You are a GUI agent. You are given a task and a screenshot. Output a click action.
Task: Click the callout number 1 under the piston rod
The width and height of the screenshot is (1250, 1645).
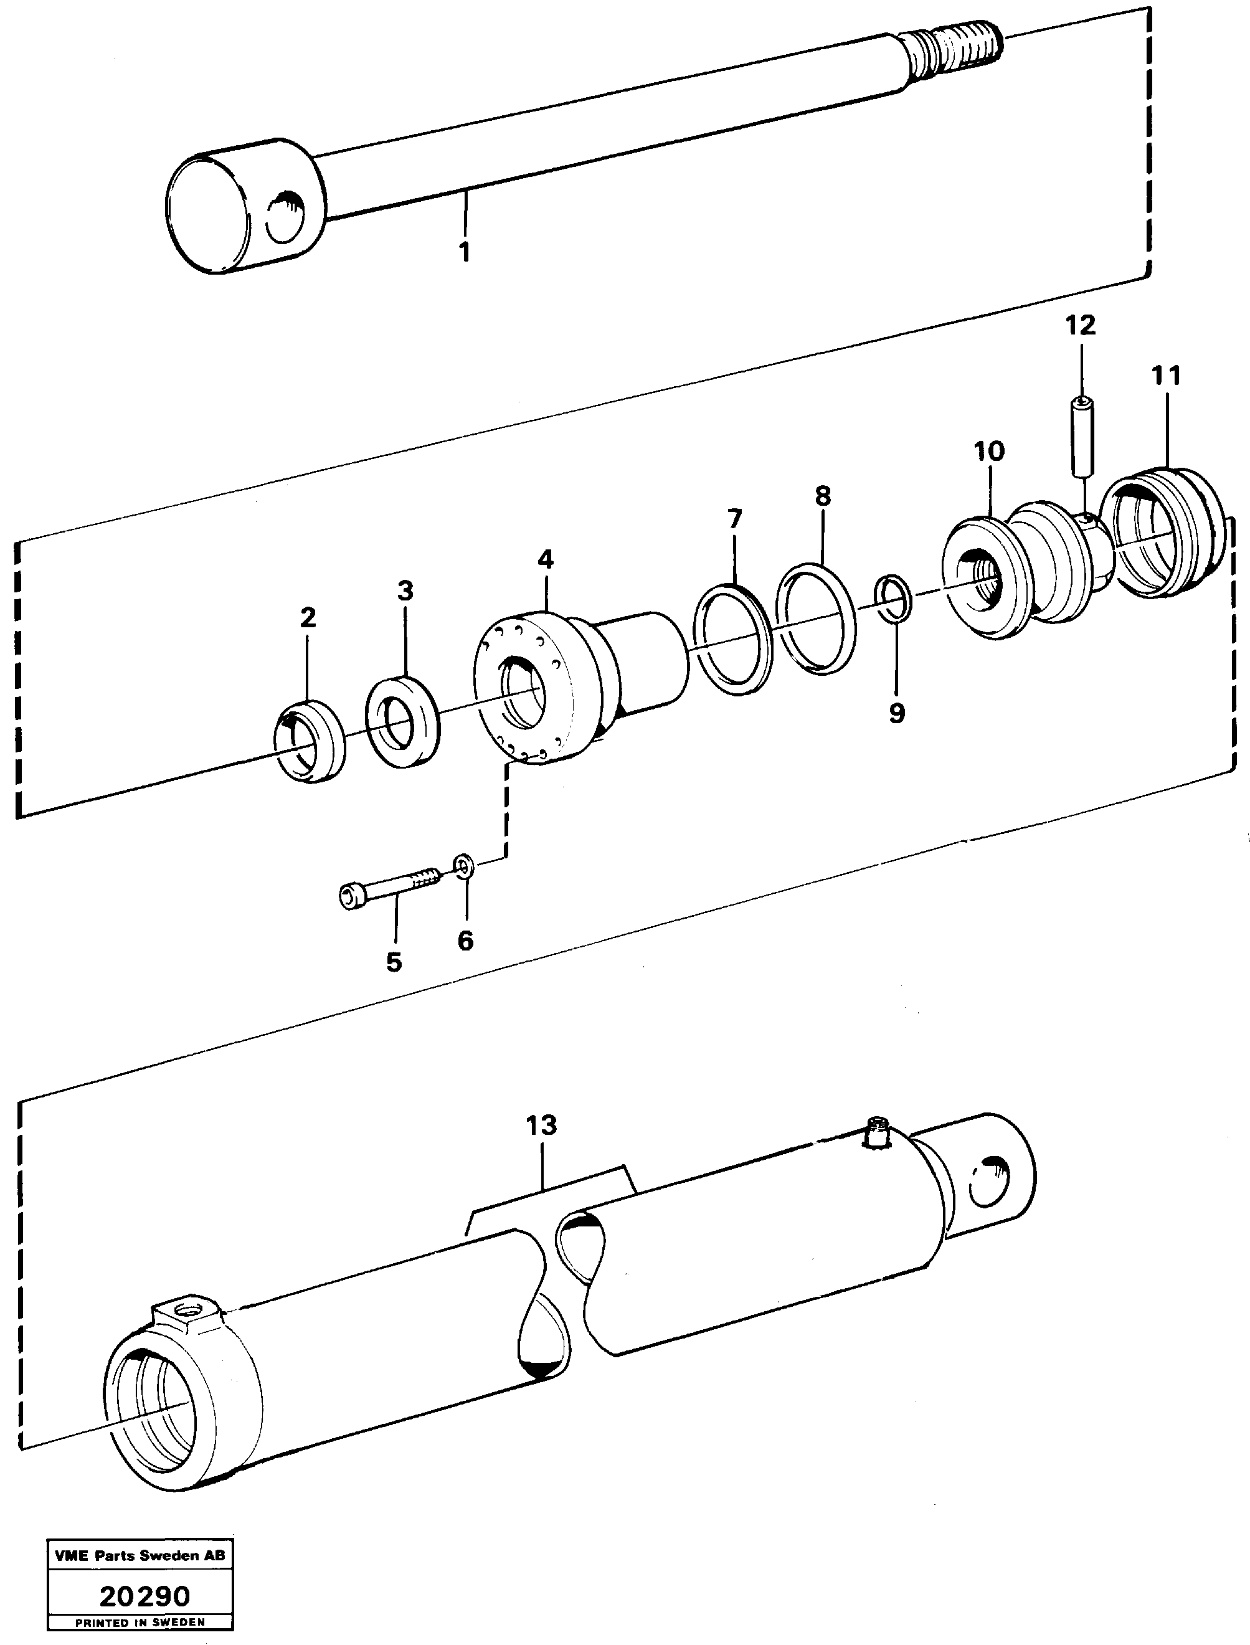[464, 252]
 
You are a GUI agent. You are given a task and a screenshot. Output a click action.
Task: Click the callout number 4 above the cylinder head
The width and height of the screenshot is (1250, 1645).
[546, 559]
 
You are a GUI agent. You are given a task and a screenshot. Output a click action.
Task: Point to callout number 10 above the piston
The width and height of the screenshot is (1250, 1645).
[989, 451]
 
